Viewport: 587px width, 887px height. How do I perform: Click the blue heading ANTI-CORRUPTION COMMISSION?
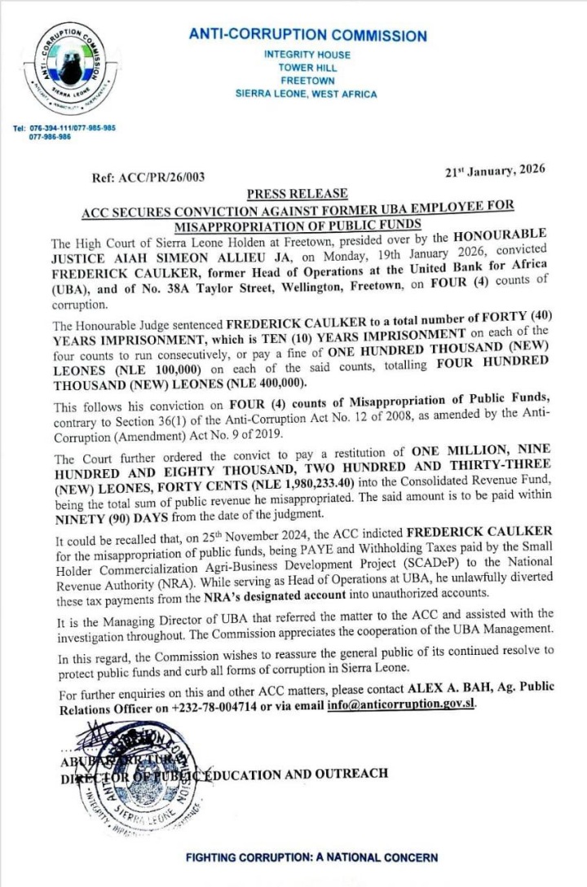307,36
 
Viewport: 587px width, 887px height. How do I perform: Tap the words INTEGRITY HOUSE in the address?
307,55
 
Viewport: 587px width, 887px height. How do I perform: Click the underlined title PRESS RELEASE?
297,194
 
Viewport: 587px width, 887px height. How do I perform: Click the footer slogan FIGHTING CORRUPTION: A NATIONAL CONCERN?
311,858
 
